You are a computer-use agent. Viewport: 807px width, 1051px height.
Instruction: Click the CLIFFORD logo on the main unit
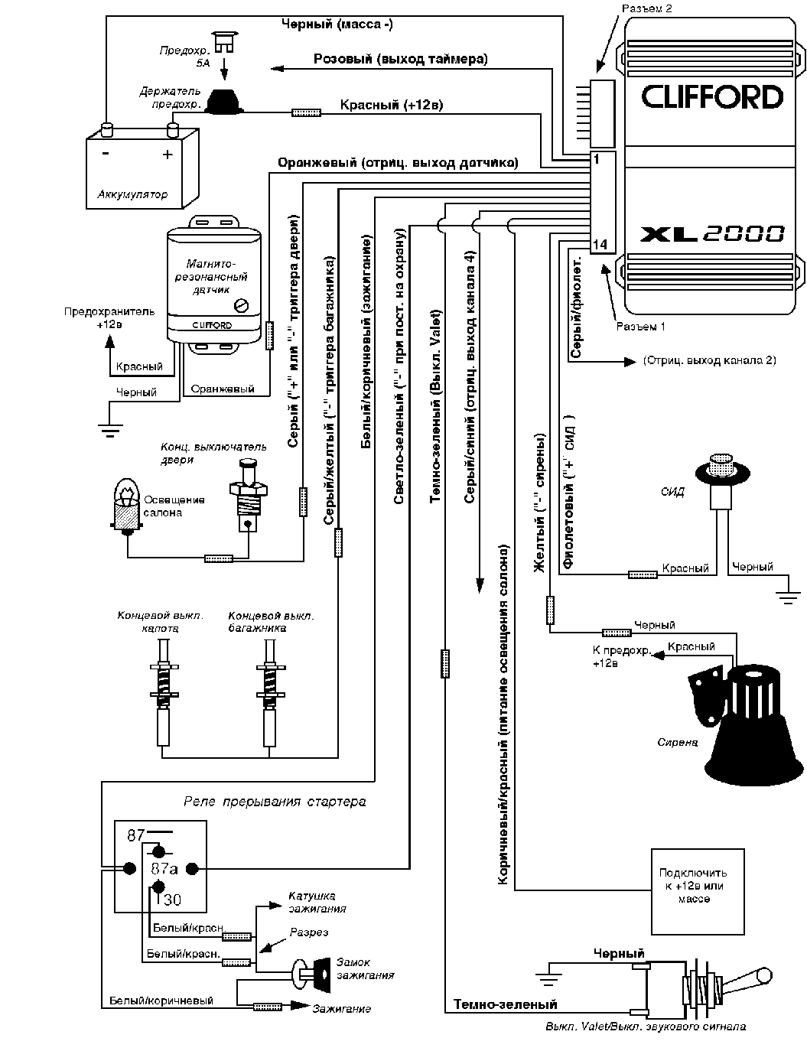712,97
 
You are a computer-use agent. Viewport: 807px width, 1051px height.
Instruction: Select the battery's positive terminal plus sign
168,155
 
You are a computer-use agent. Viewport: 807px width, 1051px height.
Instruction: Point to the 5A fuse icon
224,41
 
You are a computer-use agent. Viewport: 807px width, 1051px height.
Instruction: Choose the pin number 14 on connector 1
600,245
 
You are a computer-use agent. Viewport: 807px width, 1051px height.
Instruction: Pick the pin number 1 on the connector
597,159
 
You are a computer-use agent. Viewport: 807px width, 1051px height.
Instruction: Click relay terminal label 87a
164,869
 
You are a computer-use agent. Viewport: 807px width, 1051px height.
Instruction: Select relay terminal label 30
173,900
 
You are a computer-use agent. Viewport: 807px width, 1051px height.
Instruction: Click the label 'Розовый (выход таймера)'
400,59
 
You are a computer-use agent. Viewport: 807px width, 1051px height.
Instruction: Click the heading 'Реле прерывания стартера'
275,802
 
